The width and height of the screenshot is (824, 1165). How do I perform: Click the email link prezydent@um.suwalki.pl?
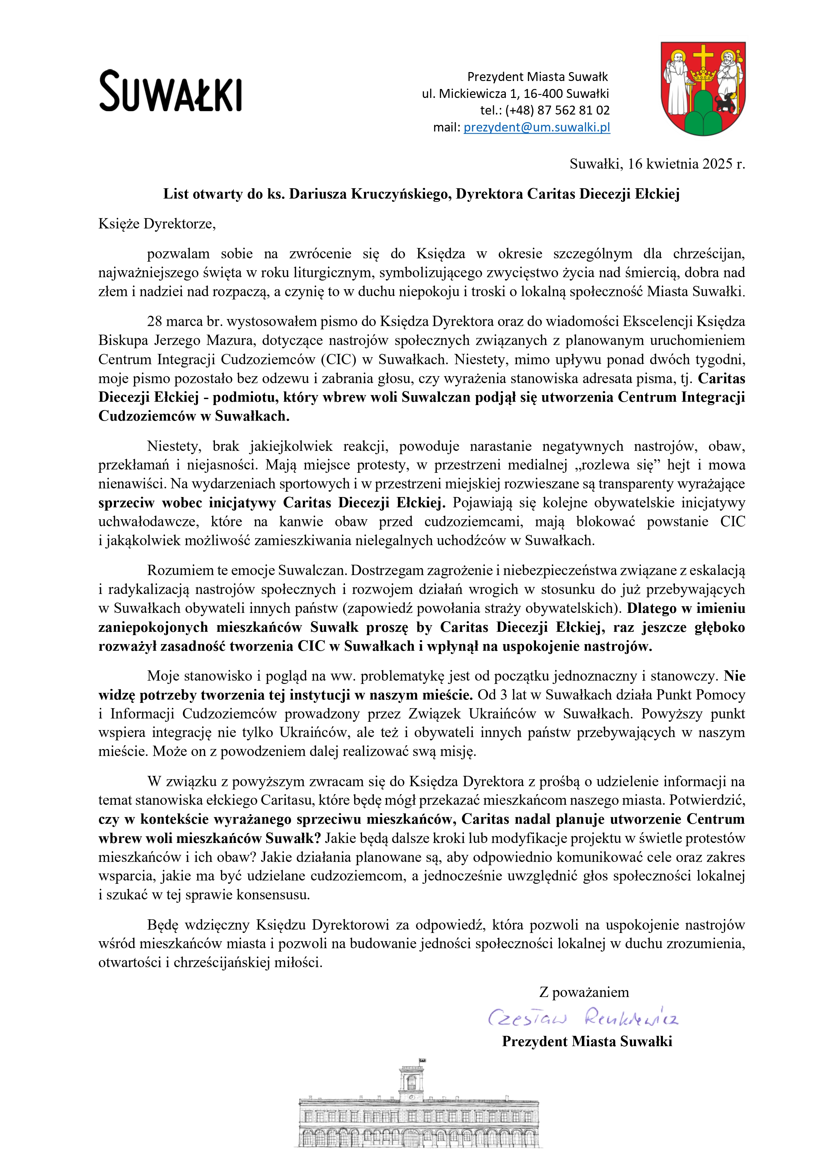coord(537,127)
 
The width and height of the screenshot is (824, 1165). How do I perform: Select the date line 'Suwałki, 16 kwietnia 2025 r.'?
coord(657,164)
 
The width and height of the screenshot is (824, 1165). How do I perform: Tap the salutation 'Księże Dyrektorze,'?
coord(157,224)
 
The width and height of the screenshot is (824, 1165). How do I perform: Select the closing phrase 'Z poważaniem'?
coord(584,992)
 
